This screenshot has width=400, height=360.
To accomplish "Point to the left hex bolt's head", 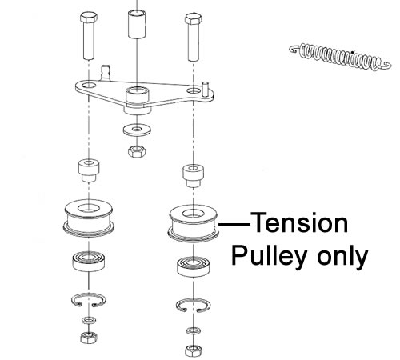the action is tap(89, 18).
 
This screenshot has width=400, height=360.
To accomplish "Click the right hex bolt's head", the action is tap(194, 20).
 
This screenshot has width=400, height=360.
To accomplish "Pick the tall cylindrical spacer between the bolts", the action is tap(137, 24).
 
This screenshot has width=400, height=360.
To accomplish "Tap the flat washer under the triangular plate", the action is tap(137, 130).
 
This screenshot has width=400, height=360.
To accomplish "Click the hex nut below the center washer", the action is tap(137, 151).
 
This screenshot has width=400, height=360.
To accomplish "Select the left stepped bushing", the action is tap(89, 170).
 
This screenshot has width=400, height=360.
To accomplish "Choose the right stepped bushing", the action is tap(194, 176).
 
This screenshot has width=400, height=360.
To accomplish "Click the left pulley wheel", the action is tap(89, 218).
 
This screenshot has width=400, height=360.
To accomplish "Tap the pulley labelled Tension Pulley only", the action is tap(194, 223).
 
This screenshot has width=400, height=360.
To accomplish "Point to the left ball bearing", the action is tap(89, 262).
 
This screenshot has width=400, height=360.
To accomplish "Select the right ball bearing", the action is tap(194, 267).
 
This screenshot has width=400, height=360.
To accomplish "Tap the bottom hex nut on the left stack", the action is tap(89, 338).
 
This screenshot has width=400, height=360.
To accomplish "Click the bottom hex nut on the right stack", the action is tap(194, 350).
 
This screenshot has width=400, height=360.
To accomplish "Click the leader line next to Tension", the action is tap(234, 224).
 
